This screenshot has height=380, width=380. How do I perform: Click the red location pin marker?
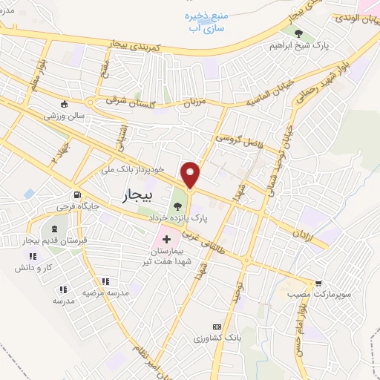click(191, 174)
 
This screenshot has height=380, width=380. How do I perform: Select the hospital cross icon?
click(166, 240)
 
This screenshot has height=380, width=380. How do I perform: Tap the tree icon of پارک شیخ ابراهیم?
click(298, 33)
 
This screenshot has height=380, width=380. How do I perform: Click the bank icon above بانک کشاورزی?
click(217, 327)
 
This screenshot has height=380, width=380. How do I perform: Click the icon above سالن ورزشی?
click(65, 104)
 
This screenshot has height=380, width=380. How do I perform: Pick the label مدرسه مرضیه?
click(105, 293)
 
